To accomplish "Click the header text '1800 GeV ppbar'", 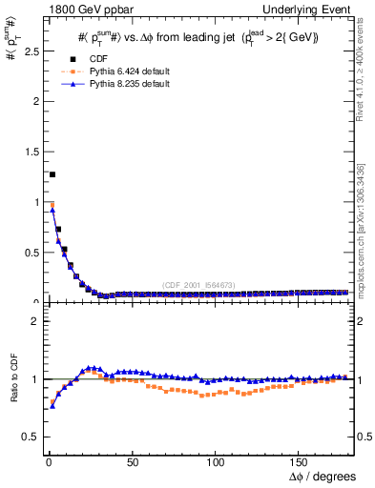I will [x=73, y=9].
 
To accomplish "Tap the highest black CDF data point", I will [x=52, y=174].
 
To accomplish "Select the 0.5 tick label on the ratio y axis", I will [x=31, y=437].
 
